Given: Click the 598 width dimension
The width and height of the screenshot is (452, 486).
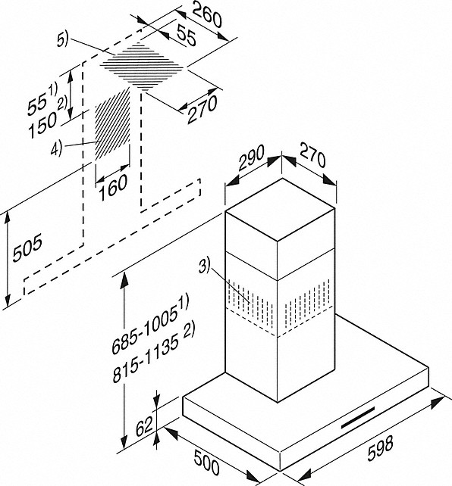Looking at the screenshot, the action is pyautogui.click(x=381, y=448).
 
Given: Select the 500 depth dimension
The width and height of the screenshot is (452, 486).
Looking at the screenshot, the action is pyautogui.click(x=207, y=462).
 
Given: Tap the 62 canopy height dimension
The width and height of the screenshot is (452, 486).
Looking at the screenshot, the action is pyautogui.click(x=144, y=425).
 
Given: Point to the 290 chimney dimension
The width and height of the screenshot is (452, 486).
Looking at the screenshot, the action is pyautogui.click(x=252, y=157).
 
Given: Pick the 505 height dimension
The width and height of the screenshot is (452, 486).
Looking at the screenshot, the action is pyautogui.click(x=27, y=248).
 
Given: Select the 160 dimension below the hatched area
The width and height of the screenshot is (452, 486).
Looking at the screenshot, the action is pyautogui.click(x=113, y=188).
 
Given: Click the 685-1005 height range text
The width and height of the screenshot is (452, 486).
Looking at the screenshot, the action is pyautogui.click(x=150, y=323).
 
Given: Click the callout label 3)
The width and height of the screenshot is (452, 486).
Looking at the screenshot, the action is pyautogui.click(x=204, y=266).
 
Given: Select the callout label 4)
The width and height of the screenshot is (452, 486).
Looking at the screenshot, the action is pyautogui.click(x=56, y=148).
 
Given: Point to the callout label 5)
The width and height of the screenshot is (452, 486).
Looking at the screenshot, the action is pyautogui.click(x=62, y=40).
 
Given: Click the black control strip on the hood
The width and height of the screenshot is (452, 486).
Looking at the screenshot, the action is pyautogui.click(x=358, y=418).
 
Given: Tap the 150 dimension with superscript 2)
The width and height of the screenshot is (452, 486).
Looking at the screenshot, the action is pyautogui.click(x=46, y=120).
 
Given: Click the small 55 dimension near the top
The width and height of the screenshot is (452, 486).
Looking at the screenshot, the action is pyautogui.click(x=187, y=35).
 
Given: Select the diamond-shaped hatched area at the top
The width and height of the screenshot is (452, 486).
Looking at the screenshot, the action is pyautogui.click(x=142, y=66).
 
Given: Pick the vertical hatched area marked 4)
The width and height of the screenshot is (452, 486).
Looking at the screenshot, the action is pyautogui.click(x=112, y=124).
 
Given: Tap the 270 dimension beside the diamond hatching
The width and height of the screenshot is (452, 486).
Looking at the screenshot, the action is pyautogui.click(x=202, y=109).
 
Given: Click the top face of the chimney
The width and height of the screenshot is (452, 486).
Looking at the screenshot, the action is pyautogui.click(x=280, y=210).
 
